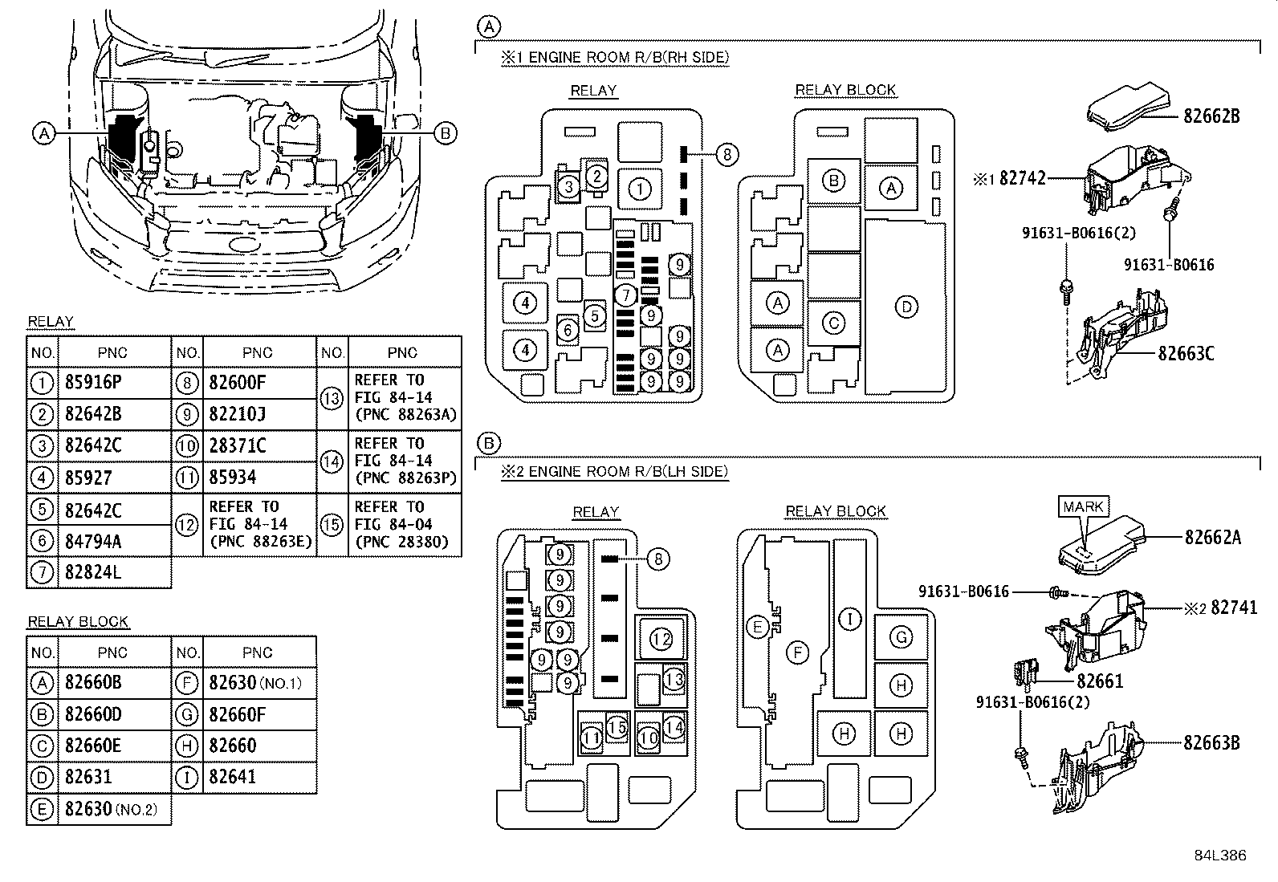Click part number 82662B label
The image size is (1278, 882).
tap(1211, 116)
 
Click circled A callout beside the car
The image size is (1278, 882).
tap(44, 133)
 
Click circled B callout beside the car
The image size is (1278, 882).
tap(446, 133)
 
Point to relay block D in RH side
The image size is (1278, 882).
tap(906, 307)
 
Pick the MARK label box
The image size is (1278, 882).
tap(1084, 506)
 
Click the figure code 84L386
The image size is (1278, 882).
tap(1219, 856)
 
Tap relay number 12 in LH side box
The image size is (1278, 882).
tap(661, 639)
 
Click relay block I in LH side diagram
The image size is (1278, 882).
tap(849, 618)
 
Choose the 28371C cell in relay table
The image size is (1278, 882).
tap(237, 445)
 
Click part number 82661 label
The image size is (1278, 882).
tap(1099, 681)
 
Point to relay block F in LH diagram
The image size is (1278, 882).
tap(797, 652)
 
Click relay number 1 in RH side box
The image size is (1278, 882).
tap(639, 189)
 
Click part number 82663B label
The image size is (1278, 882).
tap(1211, 742)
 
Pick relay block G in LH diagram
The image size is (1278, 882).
tap(902, 637)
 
